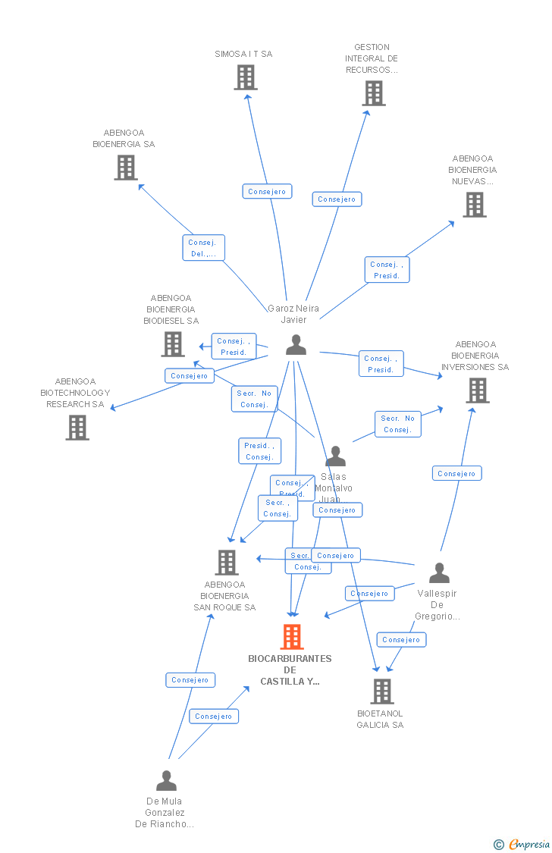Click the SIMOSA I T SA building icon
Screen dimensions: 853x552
(x=245, y=77)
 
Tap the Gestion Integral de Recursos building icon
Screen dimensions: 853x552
(x=373, y=93)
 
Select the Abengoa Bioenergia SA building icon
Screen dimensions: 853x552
(x=126, y=168)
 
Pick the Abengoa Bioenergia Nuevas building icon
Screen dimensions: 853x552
(x=475, y=205)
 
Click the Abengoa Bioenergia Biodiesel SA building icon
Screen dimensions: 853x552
(x=173, y=344)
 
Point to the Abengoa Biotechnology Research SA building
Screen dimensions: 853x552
(x=77, y=428)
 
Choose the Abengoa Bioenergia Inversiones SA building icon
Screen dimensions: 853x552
(x=477, y=390)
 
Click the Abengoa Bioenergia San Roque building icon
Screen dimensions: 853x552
(x=227, y=563)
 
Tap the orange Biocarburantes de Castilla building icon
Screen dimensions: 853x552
(x=292, y=637)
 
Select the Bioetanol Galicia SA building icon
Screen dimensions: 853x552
(x=381, y=691)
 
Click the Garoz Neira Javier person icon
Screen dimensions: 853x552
(x=296, y=345)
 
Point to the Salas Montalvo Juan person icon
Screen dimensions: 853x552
(x=335, y=456)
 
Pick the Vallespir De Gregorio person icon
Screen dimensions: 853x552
(x=439, y=573)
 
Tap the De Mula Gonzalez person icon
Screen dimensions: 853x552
(x=166, y=781)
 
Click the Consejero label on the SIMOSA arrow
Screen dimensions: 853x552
(x=267, y=192)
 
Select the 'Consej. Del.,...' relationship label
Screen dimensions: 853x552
(x=203, y=248)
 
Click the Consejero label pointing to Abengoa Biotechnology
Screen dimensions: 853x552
(x=190, y=375)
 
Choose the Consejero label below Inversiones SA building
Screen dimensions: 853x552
(x=456, y=473)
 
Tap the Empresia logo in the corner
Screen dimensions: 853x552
(x=523, y=844)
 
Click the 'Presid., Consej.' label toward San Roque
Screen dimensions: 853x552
(x=259, y=451)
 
